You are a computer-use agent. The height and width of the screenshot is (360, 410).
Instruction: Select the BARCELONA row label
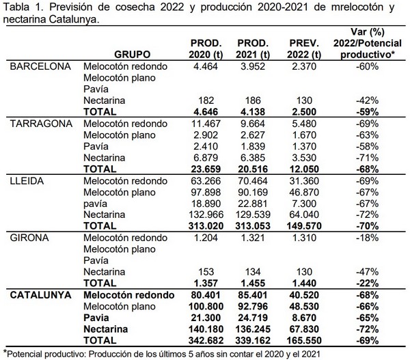(x=37, y=67)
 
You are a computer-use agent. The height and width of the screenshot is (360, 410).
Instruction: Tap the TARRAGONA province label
(x=39, y=123)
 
